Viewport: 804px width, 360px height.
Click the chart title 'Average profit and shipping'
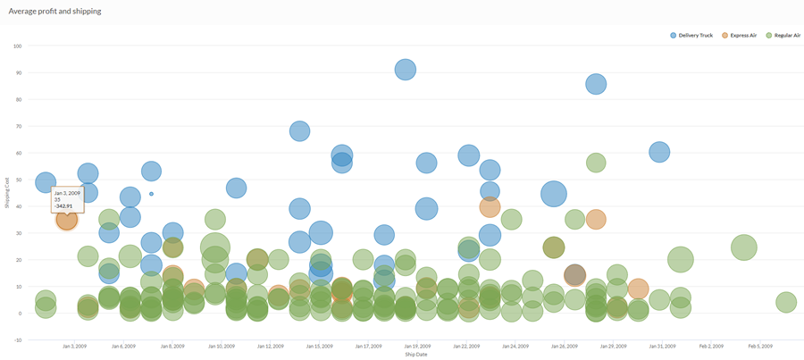pyautogui.click(x=54, y=12)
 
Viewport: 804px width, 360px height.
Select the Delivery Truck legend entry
pyautogui.click(x=694, y=35)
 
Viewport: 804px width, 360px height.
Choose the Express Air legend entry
pyautogui.click(x=742, y=35)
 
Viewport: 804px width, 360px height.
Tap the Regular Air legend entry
pyautogui.click(x=787, y=35)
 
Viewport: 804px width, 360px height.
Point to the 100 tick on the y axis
pyautogui.click(x=18, y=46)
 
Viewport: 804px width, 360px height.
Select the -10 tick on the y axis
pyautogui.click(x=18, y=340)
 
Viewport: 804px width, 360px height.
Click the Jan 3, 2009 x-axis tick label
pyautogui.click(x=74, y=346)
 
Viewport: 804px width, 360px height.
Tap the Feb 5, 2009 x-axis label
pyautogui.click(x=760, y=346)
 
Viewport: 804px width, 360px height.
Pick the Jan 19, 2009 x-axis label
pyautogui.click(x=417, y=346)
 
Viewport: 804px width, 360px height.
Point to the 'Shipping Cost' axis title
pyautogui.click(x=7, y=192)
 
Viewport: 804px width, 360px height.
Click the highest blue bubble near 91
pyautogui.click(x=406, y=70)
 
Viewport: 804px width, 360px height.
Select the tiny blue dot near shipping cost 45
pyautogui.click(x=151, y=194)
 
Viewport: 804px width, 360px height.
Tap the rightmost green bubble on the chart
pyautogui.click(x=786, y=303)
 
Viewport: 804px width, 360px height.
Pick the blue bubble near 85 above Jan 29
pyautogui.click(x=596, y=84)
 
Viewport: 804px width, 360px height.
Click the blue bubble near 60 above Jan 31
pyautogui.click(x=659, y=152)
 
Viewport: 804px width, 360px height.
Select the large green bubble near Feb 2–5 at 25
pyautogui.click(x=743, y=247)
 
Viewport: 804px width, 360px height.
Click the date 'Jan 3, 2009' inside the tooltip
pyautogui.click(x=67, y=193)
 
